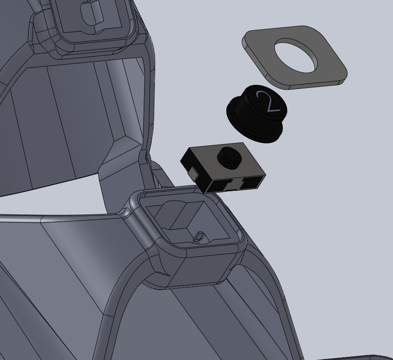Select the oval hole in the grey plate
(296, 55)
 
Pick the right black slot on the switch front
(251, 183)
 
